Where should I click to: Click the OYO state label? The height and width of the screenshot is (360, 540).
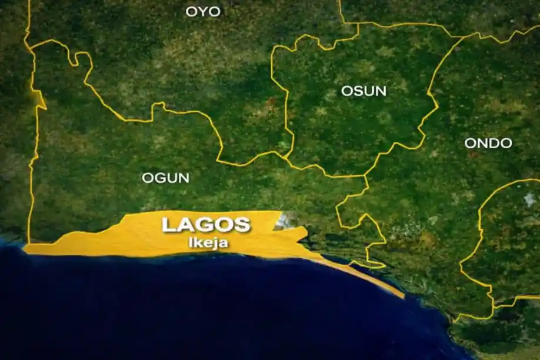[203, 11]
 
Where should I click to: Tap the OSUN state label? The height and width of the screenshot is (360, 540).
[364, 91]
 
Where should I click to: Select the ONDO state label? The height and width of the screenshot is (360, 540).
[488, 143]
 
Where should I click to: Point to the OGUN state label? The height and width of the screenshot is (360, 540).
[165, 177]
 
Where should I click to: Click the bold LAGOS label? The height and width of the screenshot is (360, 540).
[206, 225]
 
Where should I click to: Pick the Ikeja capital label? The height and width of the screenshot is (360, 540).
[206, 241]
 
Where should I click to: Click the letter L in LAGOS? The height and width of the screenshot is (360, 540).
[168, 225]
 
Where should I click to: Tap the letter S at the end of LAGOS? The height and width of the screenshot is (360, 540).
[243, 225]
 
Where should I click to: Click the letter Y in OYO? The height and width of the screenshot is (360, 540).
[203, 11]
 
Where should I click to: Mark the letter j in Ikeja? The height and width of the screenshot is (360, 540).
[214, 241]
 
